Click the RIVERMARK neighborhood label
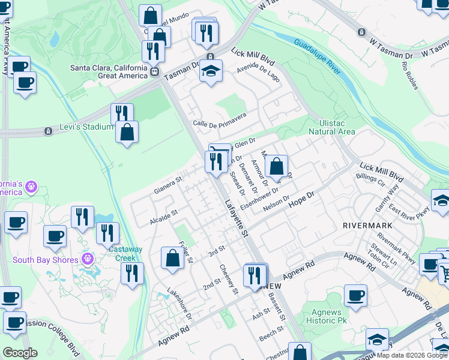pos(367,225)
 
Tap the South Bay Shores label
pos(46,260)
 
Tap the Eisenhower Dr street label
pos(259,199)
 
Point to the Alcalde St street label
pos(164,216)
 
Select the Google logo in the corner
pos(20,353)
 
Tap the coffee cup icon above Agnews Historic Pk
pos(355,296)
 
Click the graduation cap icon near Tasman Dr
pos(211,71)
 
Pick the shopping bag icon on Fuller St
pos(172,258)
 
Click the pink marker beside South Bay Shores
pos(88,260)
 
